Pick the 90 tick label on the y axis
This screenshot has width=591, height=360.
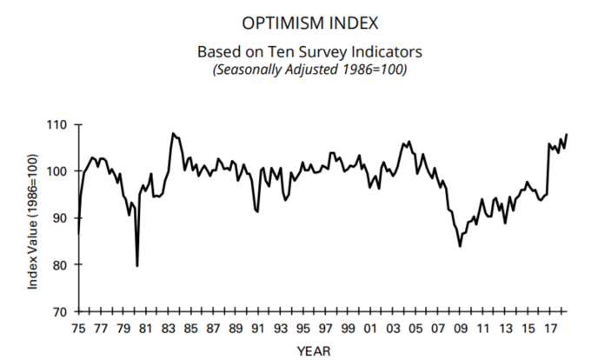coord(58,218)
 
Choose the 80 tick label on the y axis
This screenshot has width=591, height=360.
coord(58,264)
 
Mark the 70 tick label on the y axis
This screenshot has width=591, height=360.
coord(58,311)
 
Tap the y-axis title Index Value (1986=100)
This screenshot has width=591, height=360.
coord(33,218)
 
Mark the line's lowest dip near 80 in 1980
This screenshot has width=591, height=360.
coord(137,265)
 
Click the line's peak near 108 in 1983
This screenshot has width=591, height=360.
coord(173,133)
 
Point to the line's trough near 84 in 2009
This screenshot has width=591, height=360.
coord(460,246)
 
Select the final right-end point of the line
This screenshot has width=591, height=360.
coord(567,135)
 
